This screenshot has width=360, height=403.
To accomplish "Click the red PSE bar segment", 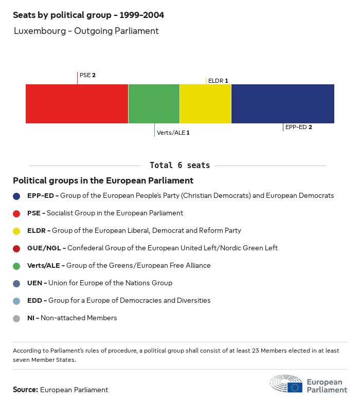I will click(x=77, y=104).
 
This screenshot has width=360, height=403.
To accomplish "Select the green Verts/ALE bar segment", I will click(x=154, y=104).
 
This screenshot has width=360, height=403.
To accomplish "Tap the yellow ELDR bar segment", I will click(x=205, y=104).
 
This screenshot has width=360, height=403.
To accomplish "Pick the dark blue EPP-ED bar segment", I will click(x=282, y=104).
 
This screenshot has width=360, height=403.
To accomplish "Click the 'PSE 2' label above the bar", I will click(x=87, y=75).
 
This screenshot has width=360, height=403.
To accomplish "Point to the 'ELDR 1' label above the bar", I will click(x=218, y=81).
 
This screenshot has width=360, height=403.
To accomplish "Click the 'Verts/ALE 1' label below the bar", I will click(x=173, y=133).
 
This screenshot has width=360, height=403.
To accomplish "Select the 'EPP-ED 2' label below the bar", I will click(x=299, y=127).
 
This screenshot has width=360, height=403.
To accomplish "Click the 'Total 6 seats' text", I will click(x=179, y=165).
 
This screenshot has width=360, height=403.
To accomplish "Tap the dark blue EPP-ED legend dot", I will click(x=16, y=196).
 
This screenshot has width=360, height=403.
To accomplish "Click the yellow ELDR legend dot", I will click(x=16, y=231).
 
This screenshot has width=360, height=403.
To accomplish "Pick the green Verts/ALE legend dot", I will click(x=16, y=266).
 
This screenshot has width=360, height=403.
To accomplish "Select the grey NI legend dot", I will click(x=16, y=318).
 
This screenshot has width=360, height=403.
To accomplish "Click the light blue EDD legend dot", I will click(x=16, y=301).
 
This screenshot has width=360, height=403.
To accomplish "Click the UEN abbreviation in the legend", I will click(x=34, y=283).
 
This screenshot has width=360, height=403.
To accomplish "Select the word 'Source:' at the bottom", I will click(x=25, y=390).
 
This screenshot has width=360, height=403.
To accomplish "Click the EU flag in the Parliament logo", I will click(x=295, y=387).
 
